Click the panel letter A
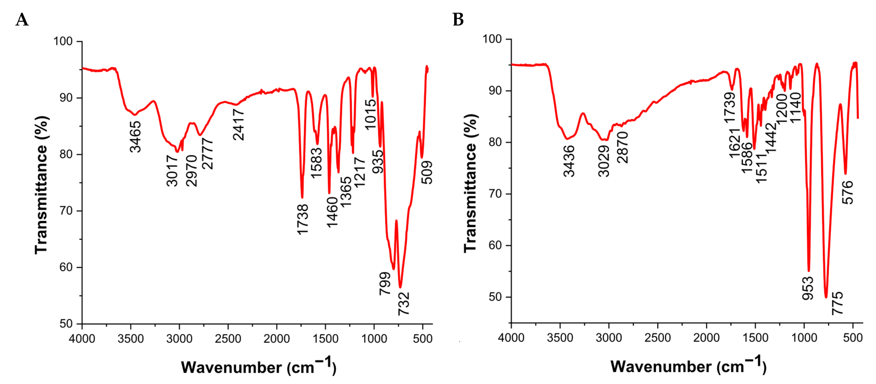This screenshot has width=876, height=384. [x=22, y=20]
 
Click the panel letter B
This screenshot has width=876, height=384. [x=458, y=20]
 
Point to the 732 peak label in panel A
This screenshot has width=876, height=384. [x=404, y=304]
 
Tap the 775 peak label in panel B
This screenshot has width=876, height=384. [x=837, y=303]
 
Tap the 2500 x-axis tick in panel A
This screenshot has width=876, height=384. [x=228, y=339]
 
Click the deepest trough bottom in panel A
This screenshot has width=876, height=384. [x=400, y=287]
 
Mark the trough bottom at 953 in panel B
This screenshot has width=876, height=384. [x=809, y=271]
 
